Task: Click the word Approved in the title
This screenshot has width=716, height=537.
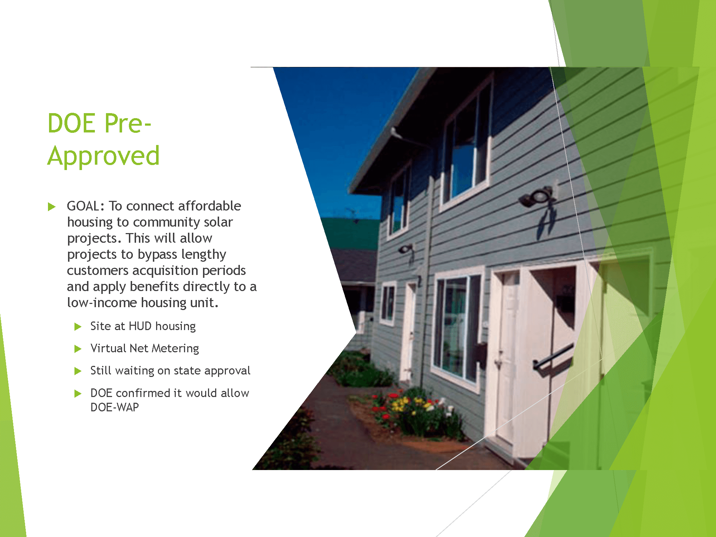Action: pyautogui.click(x=103, y=156)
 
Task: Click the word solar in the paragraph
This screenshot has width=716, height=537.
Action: pyautogui.click(x=218, y=222)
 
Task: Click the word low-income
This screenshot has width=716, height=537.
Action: pyautogui.click(x=102, y=303)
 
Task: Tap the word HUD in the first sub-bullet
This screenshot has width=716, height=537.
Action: pyautogui.click(x=140, y=326)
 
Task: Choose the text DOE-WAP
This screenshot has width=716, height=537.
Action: pyautogui.click(x=115, y=407)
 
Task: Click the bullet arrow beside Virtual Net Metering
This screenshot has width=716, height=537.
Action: pyautogui.click(x=78, y=349)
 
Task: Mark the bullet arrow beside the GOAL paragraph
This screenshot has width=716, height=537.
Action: pyautogui.click(x=52, y=207)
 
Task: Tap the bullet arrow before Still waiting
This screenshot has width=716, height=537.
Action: pyautogui.click(x=78, y=371)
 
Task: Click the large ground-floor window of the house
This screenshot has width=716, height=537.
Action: pyautogui.click(x=457, y=328)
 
